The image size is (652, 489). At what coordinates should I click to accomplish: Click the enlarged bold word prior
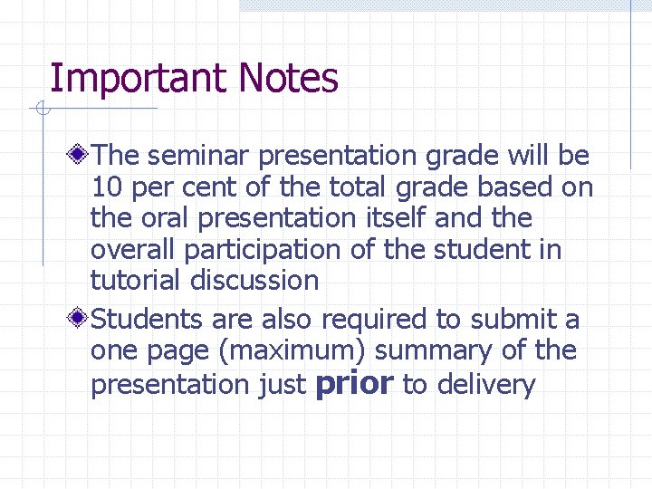pos(353,383)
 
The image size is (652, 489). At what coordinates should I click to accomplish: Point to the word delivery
pos(486,385)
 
